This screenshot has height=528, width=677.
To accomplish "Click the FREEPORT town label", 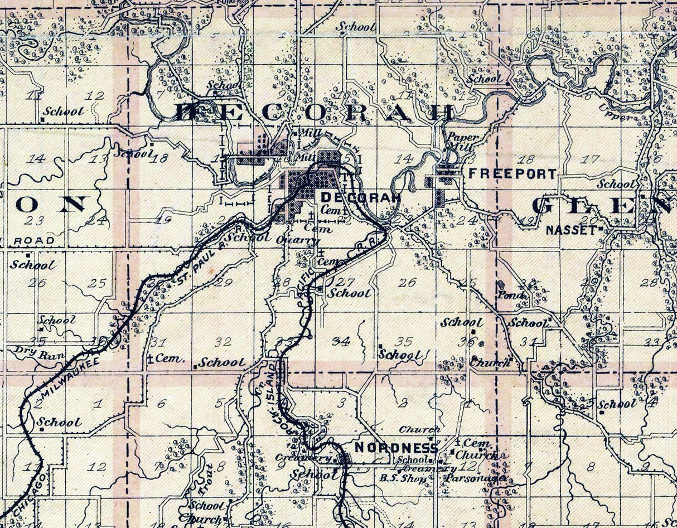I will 512,174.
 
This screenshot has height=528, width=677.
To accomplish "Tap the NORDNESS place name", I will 396,448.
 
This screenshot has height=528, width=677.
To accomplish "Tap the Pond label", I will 514,296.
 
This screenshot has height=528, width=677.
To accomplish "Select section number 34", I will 342,341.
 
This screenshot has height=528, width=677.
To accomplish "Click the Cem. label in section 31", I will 169,359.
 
